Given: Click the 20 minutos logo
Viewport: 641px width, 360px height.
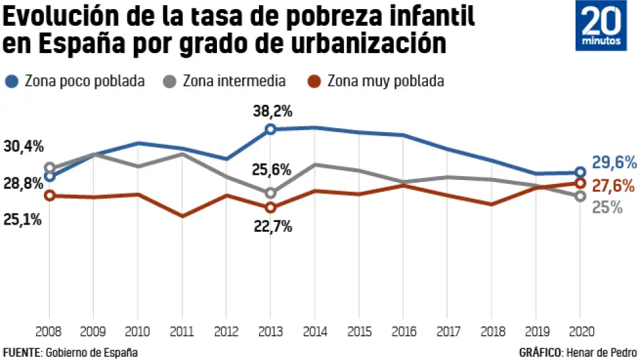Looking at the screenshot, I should (602, 26).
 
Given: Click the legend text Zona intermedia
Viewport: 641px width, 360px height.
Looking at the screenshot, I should (234, 82).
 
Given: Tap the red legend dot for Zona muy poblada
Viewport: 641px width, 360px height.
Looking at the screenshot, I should (315, 82).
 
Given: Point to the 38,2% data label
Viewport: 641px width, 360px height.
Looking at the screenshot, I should (273, 111).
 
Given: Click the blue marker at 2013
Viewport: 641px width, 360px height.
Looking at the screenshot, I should (271, 129).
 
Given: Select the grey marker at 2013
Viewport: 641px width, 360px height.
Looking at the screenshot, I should (271, 193).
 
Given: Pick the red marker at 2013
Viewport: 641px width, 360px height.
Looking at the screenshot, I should (271, 207).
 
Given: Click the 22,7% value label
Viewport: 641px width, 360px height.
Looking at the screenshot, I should (273, 227).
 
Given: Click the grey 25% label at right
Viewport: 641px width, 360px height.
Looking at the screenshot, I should (608, 207).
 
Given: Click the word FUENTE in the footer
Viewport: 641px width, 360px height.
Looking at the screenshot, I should (21, 352).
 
